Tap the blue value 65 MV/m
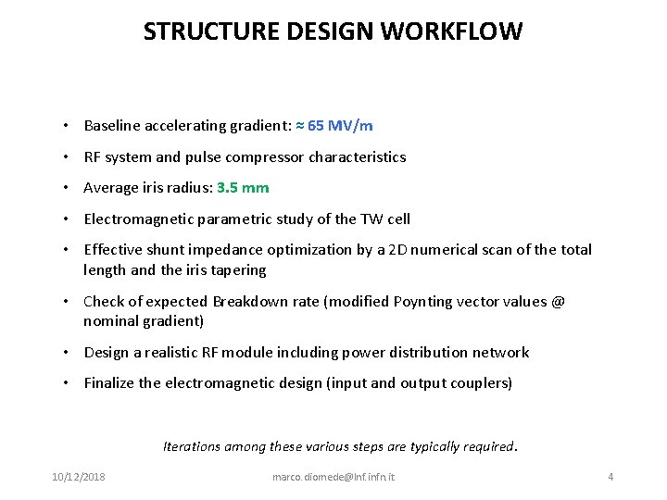click(340, 125)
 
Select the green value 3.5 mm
click(242, 188)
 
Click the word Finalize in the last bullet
click(110, 382)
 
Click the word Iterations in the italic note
click(192, 445)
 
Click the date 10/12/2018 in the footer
click(78, 477)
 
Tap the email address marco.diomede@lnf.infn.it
click(333, 477)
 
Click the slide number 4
click(610, 477)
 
